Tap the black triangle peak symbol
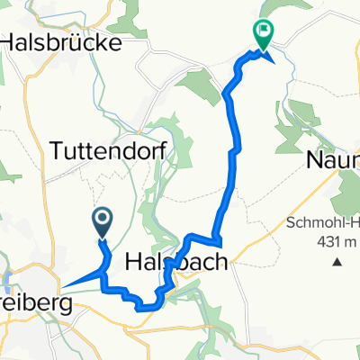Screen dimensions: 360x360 (x=338, y=263)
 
